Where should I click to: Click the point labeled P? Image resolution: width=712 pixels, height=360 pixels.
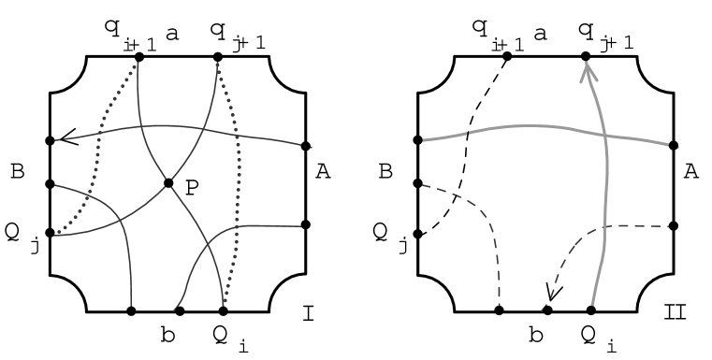169,182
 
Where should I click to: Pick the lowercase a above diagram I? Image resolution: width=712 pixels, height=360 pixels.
171,33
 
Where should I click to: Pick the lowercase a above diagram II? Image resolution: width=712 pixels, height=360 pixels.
539,33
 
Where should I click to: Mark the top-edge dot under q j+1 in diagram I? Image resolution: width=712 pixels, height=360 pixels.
218,57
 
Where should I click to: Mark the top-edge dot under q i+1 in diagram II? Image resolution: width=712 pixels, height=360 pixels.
507,57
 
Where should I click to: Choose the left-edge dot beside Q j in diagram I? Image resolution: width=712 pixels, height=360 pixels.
50,234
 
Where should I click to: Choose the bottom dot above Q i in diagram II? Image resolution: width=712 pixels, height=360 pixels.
591,310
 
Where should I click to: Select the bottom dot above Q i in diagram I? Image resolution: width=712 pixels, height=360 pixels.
224,310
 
